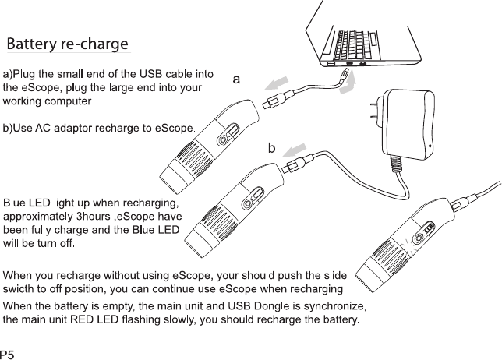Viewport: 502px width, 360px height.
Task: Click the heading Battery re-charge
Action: pyautogui.click(x=67, y=44)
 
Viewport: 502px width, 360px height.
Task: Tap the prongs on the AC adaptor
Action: pyautogui.click(x=372, y=108)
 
